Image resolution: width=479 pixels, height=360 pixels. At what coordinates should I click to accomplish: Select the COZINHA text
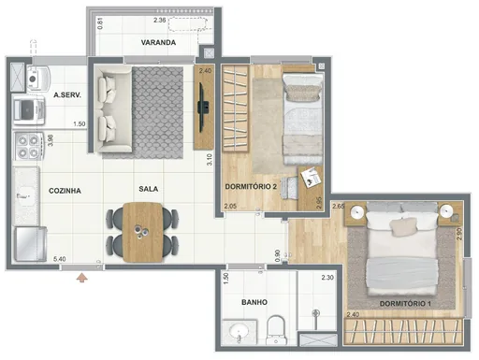pyautogui.click(x=65, y=190)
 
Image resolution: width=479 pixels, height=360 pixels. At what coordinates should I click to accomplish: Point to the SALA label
pyautogui.click(x=147, y=189)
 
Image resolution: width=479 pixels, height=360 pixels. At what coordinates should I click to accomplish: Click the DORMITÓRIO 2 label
pyautogui.click(x=250, y=187)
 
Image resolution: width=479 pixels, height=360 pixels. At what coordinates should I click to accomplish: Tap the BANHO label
pyautogui.click(x=254, y=302)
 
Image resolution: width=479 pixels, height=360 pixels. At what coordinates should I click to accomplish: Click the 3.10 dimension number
pyautogui.click(x=210, y=159)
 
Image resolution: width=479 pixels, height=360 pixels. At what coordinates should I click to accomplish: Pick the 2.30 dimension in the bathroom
pyautogui.click(x=327, y=278)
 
